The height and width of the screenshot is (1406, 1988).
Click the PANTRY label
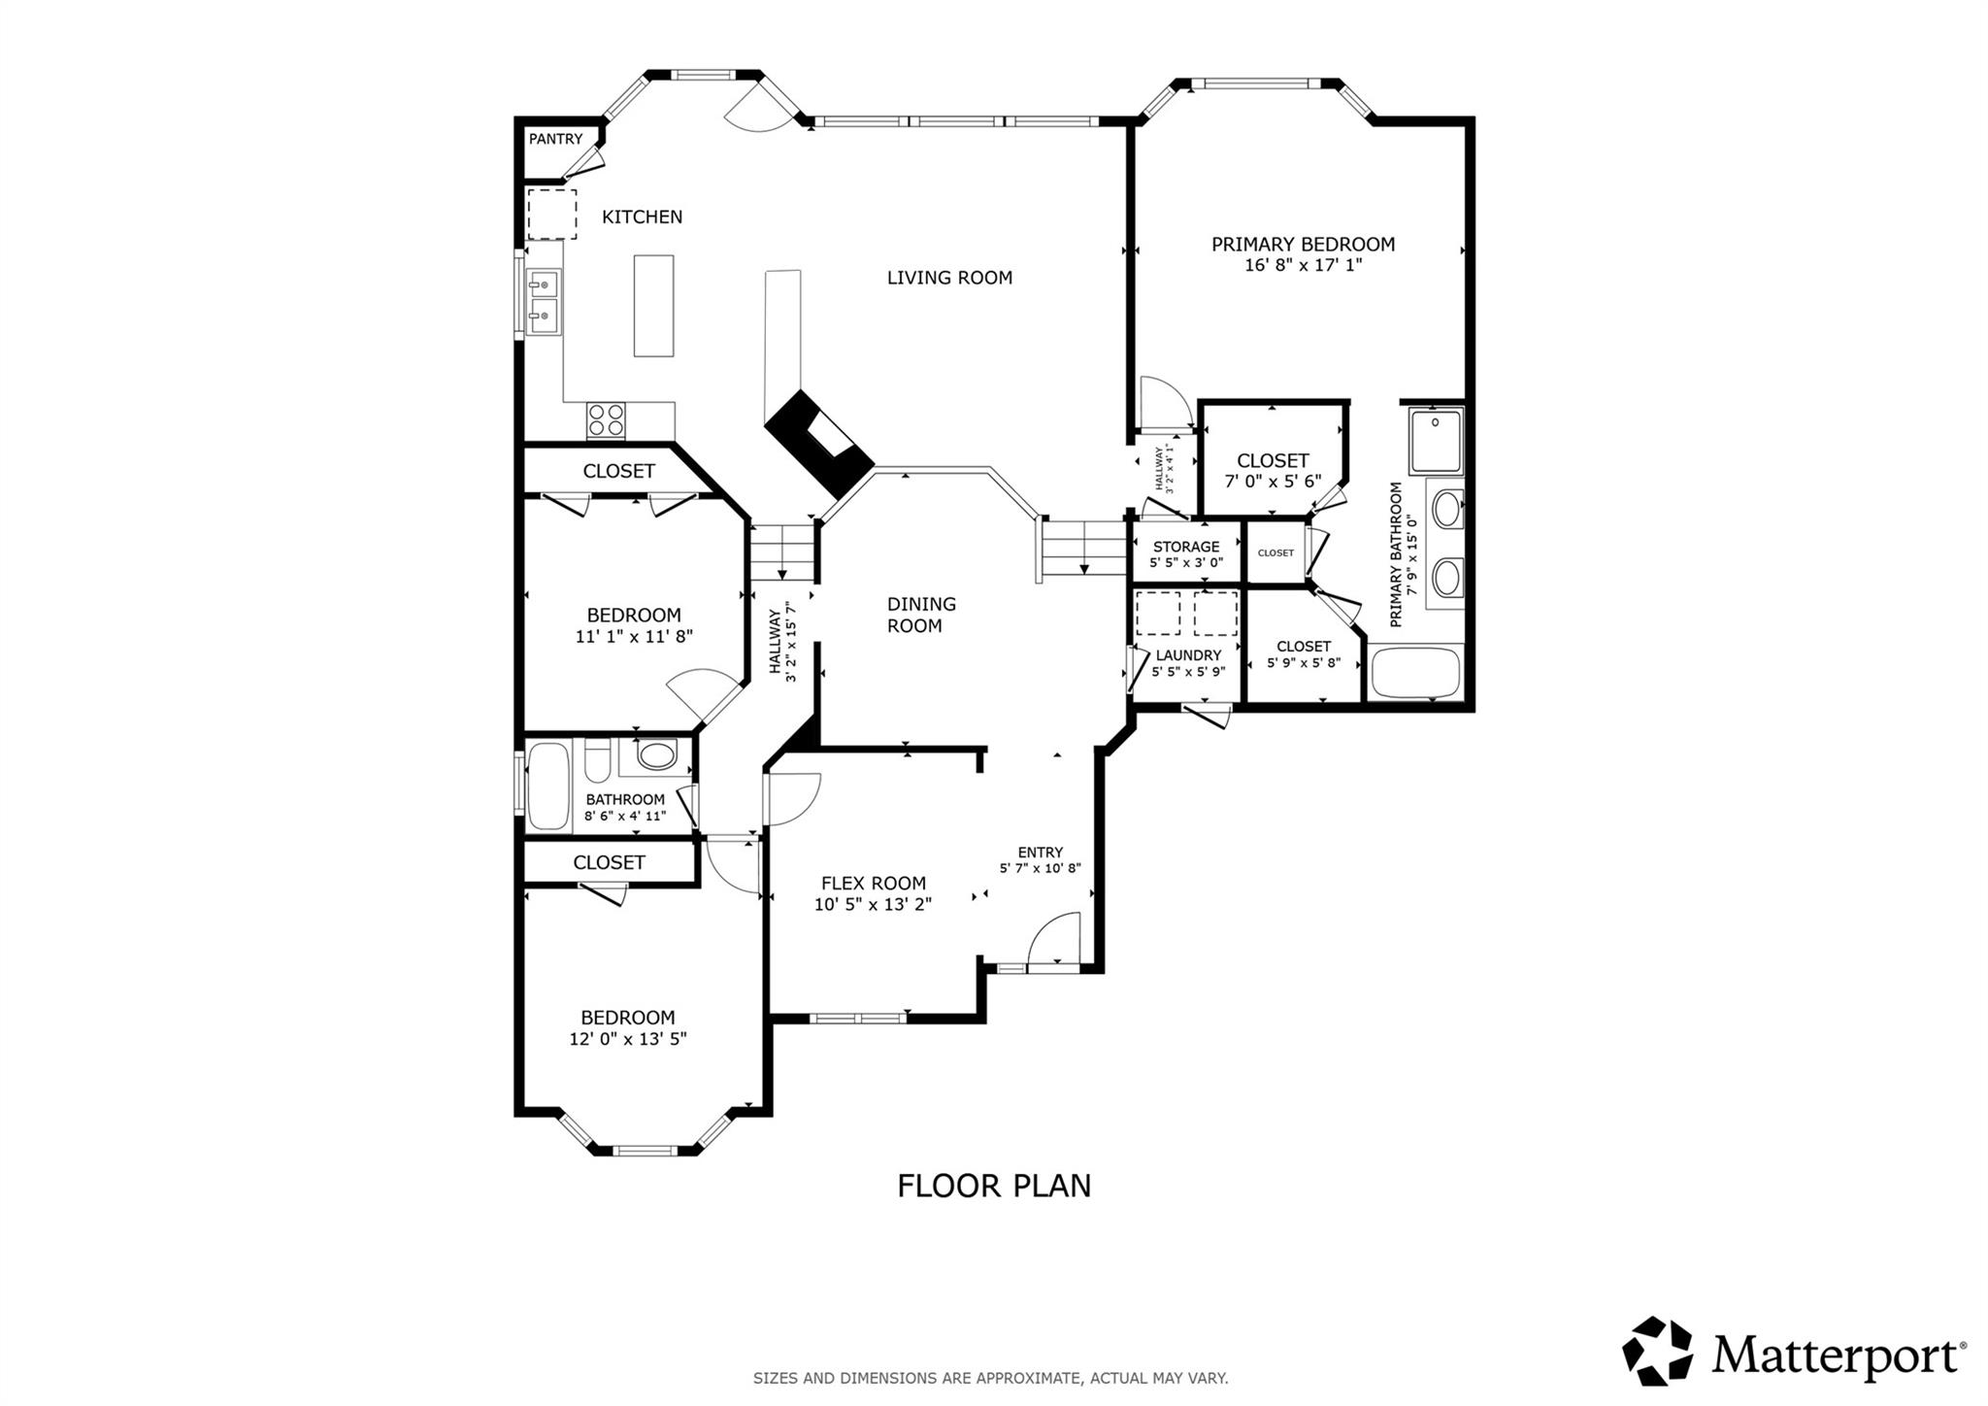point(555,140)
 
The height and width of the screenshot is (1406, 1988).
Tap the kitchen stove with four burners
point(606,420)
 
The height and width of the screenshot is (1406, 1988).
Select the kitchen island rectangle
point(653,305)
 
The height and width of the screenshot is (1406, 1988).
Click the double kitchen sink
point(544,299)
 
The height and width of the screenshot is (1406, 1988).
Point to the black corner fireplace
point(818,443)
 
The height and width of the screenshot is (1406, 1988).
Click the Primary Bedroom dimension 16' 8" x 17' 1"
point(1303,264)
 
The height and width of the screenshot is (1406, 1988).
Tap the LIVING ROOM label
point(949,278)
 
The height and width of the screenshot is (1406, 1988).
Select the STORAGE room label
point(1186,547)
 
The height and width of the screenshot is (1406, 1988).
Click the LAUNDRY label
point(1188,655)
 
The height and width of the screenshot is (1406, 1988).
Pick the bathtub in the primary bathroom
point(1415,672)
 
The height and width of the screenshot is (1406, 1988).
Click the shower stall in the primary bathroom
point(1436,440)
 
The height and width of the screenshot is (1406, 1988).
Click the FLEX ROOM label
point(874,884)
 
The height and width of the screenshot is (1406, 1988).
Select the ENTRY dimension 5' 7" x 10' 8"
point(1040,869)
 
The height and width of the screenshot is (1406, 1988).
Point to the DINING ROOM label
point(920,615)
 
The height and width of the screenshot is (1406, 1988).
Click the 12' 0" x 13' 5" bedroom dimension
point(628,1039)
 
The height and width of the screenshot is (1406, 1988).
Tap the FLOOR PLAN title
point(994,1186)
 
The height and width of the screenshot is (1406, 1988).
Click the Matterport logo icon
point(1657,1351)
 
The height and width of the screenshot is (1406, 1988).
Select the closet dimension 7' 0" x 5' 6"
point(1273,481)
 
